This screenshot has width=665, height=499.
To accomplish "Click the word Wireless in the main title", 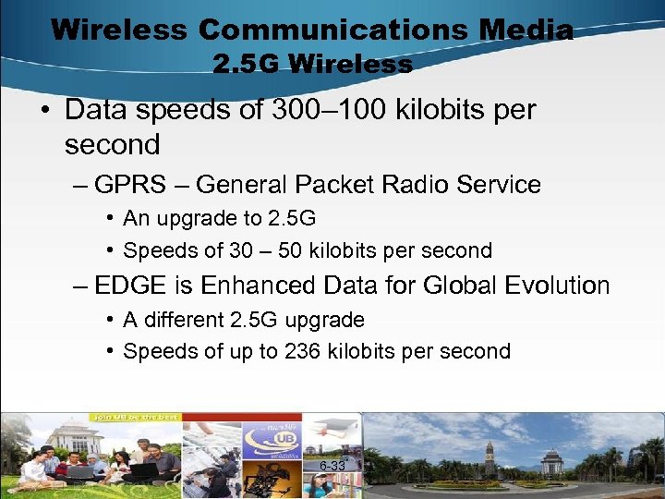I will pos(120,30).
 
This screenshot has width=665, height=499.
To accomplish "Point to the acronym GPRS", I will pos(130,185).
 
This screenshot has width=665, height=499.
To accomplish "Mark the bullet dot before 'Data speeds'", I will pos(43,111).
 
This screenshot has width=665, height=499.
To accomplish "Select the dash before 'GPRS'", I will pos(80,185).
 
